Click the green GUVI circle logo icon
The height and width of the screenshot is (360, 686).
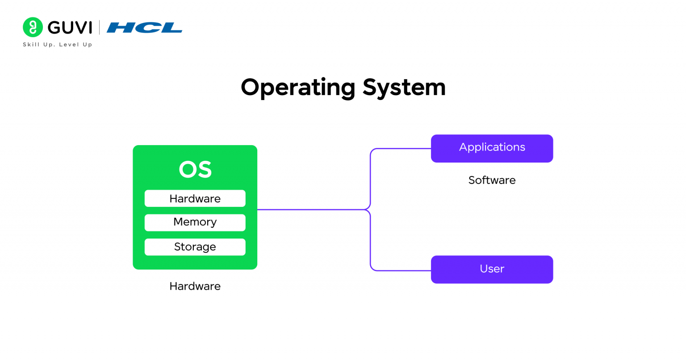point(33,27)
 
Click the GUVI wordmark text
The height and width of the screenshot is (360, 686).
point(70,28)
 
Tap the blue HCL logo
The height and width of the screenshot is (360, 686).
point(144,28)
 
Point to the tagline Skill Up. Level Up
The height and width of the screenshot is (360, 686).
point(57,45)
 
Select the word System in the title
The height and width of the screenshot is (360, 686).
point(404,87)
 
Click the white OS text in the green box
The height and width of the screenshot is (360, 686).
point(195,170)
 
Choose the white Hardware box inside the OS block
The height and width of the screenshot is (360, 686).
point(195,198)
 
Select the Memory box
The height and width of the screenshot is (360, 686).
point(195,222)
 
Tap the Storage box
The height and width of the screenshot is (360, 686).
point(195,247)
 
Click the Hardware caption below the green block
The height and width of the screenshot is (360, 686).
point(195,286)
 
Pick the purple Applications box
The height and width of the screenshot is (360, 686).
point(492,148)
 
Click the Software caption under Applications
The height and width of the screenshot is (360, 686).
point(492,180)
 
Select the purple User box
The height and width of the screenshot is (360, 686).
point(492,269)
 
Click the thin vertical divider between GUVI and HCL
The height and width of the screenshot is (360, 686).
point(99,28)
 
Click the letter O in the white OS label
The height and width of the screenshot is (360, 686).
point(187,170)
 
